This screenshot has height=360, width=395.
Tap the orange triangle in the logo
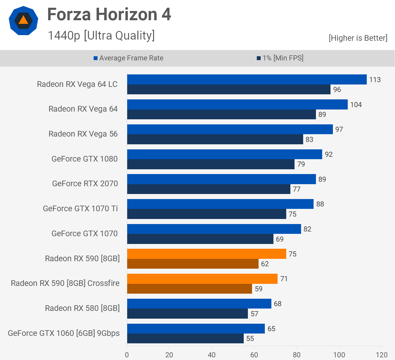pos(23,20)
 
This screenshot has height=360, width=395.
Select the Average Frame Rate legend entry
pos(128,58)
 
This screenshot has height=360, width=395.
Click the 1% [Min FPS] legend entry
pos(280,58)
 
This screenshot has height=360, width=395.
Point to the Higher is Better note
pos(358,38)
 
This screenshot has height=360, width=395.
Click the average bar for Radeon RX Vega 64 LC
pos(247,79)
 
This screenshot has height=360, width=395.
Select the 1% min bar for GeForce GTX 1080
pos(211,164)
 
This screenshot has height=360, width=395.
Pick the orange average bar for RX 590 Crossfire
pos(202,278)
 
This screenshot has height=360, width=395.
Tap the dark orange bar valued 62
pos(193,264)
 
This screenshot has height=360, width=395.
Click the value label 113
pos(375,80)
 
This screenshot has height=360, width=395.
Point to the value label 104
pos(356,105)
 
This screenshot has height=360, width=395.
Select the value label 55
pos(250,339)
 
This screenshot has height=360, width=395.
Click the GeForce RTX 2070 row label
pos(85,184)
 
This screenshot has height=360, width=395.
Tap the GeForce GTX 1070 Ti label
pos(80,209)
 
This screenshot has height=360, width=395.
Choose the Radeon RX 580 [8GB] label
pos(82,308)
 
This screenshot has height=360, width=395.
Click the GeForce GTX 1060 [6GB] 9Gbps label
pos(64,333)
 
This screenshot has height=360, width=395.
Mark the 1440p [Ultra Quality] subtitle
pos(101,35)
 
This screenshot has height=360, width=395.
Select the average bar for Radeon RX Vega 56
pos(230,129)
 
